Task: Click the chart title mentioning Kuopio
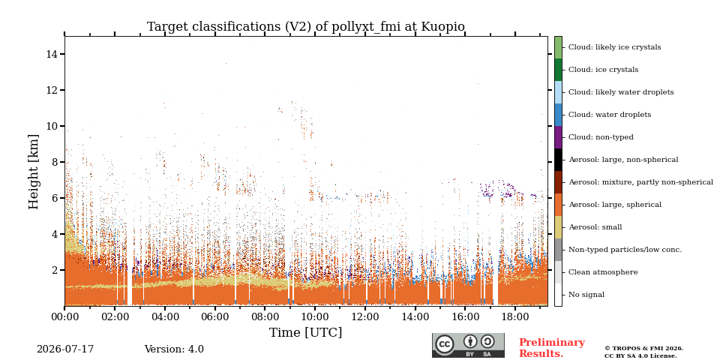pos(306,27)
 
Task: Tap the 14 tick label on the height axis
pos(52,54)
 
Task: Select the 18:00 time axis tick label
pos(515,316)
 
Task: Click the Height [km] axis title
pos(34,172)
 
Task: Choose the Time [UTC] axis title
pos(306,332)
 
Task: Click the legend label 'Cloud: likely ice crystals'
pos(615,46)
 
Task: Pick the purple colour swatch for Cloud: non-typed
pos(558,136)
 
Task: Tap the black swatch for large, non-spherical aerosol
pos(558,159)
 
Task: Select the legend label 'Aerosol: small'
pos(595,226)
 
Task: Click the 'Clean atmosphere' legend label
pos(603,271)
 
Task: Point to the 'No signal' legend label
pos(586,294)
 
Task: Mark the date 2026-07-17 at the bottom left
pos(65,349)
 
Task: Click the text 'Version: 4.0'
pos(174,349)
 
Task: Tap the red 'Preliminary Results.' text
pos(552,347)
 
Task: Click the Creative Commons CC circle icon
pos(444,344)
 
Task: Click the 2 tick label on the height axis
pos(55,270)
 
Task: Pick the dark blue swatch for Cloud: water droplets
pos(558,114)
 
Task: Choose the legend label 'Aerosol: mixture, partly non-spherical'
pos(641,181)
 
